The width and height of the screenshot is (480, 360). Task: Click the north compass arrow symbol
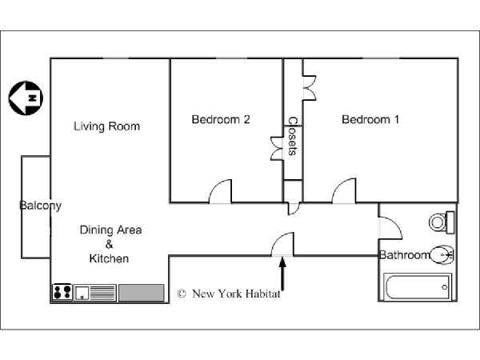click(26, 98)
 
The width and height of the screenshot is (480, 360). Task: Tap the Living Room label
click(107, 126)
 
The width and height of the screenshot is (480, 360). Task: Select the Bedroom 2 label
click(221, 119)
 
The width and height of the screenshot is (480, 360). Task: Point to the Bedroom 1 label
click(370, 119)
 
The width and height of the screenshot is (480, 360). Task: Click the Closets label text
click(293, 136)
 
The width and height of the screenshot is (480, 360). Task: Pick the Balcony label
click(41, 206)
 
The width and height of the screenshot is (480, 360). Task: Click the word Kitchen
click(109, 258)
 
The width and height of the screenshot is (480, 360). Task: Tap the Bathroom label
click(404, 254)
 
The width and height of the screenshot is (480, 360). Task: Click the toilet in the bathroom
click(442, 222)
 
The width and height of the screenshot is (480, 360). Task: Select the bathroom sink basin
click(442, 254)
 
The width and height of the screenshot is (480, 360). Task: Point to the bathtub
click(418, 287)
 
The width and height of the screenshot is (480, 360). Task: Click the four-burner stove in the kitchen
click(62, 292)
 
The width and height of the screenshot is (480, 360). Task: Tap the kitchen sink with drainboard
click(95, 293)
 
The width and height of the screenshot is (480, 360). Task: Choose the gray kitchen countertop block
click(141, 293)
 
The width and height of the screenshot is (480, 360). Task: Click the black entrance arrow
click(282, 274)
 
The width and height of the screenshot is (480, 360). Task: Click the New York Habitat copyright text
click(229, 294)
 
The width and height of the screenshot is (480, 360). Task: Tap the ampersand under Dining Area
click(110, 244)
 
